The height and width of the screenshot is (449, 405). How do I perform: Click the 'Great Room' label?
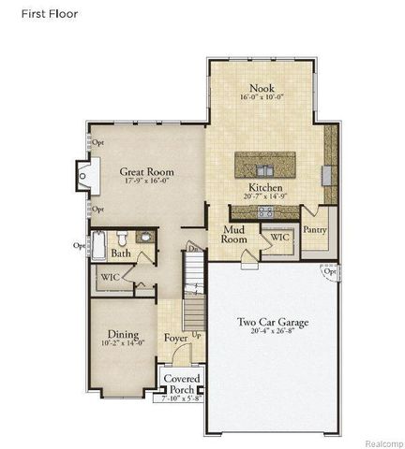click(x=148, y=172)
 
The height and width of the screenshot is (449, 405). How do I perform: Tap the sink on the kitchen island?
click(x=265, y=169)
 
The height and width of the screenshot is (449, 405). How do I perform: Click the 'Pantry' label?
click(x=315, y=229)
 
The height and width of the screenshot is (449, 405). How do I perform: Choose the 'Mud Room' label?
click(x=234, y=234)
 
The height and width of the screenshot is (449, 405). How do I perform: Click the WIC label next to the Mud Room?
click(x=279, y=238)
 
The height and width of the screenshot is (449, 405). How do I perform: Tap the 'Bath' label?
click(x=121, y=253)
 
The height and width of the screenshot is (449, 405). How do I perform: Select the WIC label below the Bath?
click(x=109, y=277)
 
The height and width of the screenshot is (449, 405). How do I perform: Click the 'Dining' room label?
click(x=123, y=334)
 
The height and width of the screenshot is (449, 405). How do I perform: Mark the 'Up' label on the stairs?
click(x=195, y=335)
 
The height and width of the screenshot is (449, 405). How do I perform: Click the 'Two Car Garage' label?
click(x=273, y=323)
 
